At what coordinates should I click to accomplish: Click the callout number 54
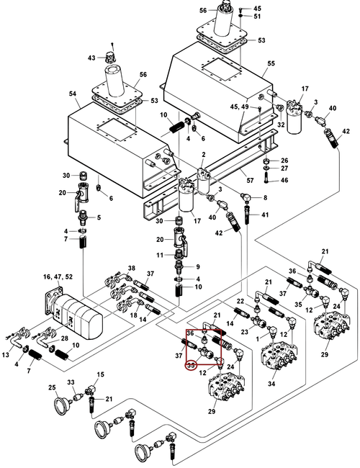73,94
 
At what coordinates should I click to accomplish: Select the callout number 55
271,63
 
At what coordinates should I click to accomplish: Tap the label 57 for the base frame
250,180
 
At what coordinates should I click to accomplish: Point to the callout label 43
91,58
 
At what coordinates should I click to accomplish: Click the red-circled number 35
191,365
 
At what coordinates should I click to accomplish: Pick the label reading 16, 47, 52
58,277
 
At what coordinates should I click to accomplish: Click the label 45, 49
240,107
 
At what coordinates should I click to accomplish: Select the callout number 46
284,180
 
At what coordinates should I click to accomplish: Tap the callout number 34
271,384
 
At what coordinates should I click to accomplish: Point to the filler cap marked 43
111,56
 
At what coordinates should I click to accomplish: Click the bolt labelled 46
266,180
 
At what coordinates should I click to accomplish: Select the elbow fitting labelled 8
246,197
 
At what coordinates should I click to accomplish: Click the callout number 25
52,387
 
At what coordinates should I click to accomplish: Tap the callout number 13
6,354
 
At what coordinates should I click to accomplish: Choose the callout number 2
204,155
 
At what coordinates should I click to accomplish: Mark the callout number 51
257,16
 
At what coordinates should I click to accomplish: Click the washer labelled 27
266,168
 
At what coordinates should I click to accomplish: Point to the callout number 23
245,332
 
